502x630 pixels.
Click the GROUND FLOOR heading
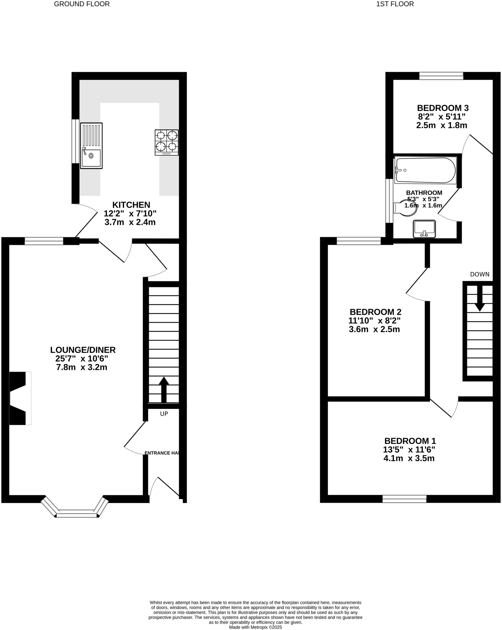(x=82, y=4)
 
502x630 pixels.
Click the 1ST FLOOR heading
(x=395, y=4)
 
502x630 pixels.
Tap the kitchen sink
(x=91, y=146)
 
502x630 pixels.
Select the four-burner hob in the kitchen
(x=167, y=142)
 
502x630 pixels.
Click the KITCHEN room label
(x=131, y=205)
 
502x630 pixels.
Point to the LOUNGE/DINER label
(x=83, y=350)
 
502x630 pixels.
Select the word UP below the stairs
(x=164, y=414)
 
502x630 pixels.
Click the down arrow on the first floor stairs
(x=480, y=299)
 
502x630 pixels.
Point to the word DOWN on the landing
(x=480, y=274)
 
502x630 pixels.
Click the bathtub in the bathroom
(x=425, y=170)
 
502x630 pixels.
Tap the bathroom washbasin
(x=424, y=229)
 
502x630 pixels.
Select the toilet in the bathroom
(x=406, y=208)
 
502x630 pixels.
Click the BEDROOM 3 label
(x=443, y=108)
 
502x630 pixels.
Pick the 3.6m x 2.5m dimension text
(x=374, y=329)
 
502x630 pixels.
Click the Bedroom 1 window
(x=404, y=499)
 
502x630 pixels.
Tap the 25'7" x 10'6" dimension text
(x=82, y=358)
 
